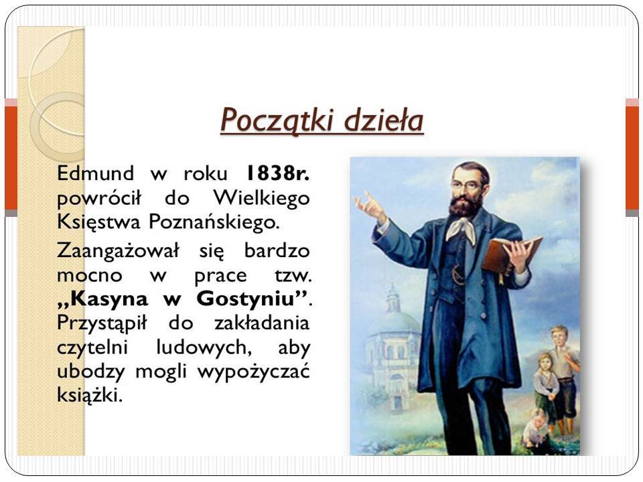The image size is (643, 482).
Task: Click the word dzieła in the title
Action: tap(383, 119)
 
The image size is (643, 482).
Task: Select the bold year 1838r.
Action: tap(277, 173)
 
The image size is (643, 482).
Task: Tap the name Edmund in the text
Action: tap(95, 173)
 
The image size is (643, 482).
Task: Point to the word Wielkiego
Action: tap(262, 197)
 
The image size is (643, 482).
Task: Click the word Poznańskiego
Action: tap(214, 222)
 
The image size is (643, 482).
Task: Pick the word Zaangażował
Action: tap(118, 251)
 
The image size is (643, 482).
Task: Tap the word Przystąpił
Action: tap(102, 323)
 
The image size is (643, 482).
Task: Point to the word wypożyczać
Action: tap(253, 372)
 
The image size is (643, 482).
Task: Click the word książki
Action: tap(90, 395)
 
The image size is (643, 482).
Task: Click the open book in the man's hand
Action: tap(511, 254)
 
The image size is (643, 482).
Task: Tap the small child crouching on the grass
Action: tap(535, 428)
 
